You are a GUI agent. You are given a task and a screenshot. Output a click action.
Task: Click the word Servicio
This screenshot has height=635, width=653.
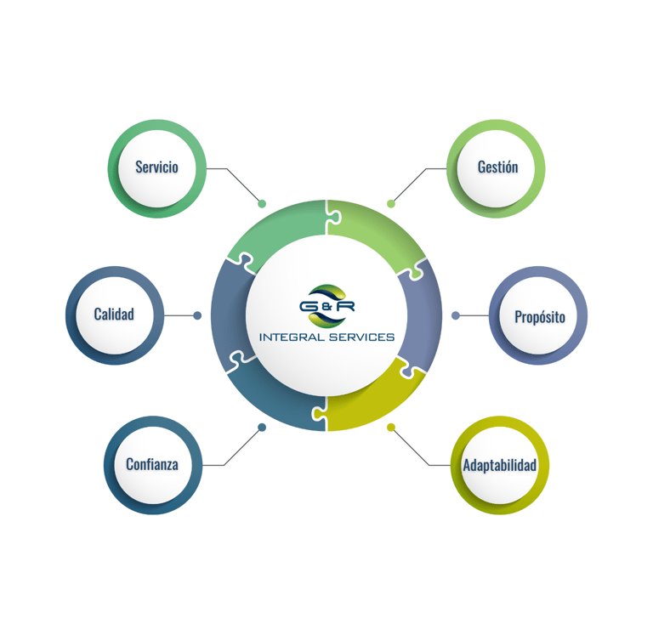[x=156, y=167]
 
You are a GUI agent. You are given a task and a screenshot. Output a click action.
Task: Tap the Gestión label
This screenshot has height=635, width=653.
[x=497, y=167]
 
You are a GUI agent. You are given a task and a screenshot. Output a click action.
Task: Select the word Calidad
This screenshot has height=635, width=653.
[x=114, y=315]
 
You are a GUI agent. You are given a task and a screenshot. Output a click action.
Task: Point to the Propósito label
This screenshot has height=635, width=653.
[x=539, y=317]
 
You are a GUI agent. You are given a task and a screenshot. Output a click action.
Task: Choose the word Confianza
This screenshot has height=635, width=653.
[x=152, y=464]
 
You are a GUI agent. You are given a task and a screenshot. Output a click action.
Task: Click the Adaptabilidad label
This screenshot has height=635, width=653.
[x=499, y=466]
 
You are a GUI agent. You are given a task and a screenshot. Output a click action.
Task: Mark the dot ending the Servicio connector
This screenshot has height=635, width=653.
[x=262, y=204]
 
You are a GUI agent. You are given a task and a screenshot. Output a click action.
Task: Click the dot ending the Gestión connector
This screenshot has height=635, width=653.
[x=391, y=204]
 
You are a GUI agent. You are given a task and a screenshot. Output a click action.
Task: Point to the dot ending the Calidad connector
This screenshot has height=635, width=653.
[x=197, y=315]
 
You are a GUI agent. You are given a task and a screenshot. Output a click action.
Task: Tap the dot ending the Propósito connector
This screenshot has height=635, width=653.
[x=456, y=315]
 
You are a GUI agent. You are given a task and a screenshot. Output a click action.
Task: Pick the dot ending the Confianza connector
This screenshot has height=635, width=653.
[x=262, y=428]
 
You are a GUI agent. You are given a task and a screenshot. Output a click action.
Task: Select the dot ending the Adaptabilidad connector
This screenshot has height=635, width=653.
[x=391, y=428]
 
